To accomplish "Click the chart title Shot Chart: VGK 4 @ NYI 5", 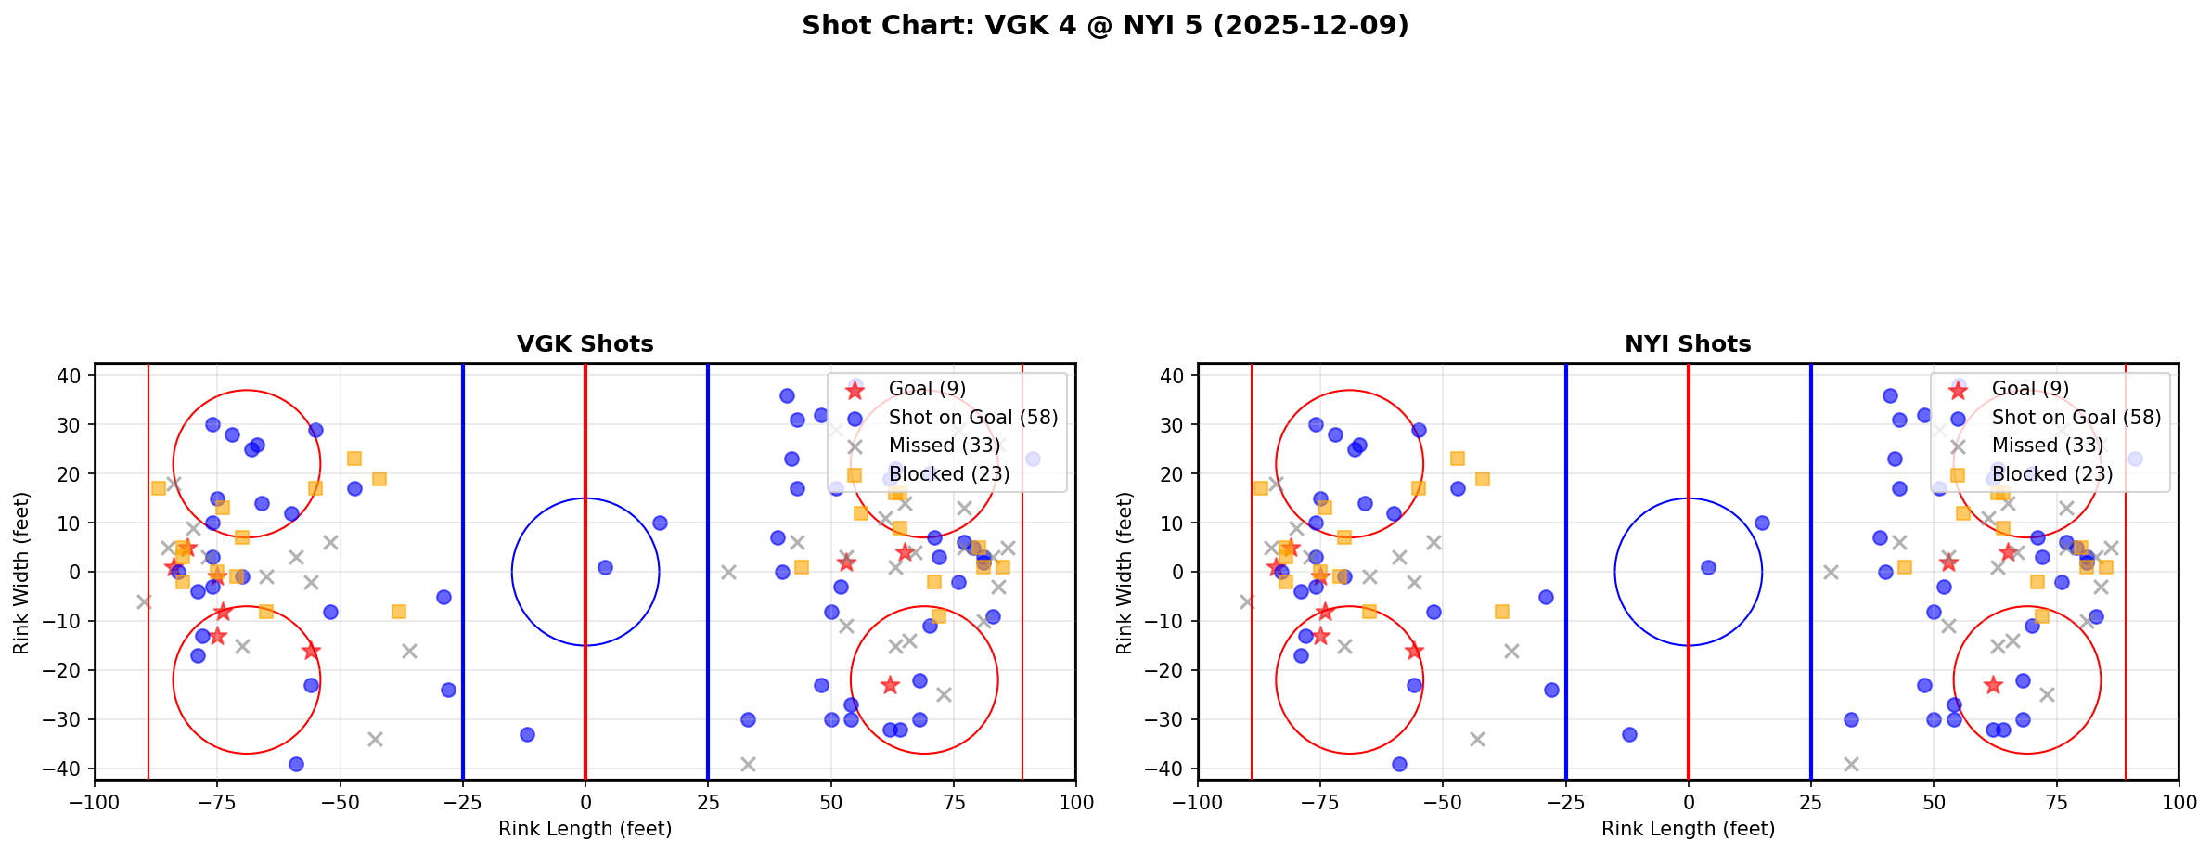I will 1105,25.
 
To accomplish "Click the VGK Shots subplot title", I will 585,344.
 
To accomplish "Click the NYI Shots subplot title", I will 1688,344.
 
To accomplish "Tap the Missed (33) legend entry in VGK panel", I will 944,446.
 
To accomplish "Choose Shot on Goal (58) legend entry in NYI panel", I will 2076,418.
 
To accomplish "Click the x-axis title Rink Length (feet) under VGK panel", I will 585,829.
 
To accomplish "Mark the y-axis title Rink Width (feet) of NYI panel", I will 1125,573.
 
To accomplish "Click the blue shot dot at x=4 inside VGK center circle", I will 605,567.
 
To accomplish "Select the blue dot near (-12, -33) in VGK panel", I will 527,734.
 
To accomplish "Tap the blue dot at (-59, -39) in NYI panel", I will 1399,764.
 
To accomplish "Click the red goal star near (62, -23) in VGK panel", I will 890,685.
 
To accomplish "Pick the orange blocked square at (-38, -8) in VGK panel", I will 399,612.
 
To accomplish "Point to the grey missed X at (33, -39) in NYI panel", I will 1850,764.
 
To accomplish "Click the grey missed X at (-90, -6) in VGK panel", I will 144,601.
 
